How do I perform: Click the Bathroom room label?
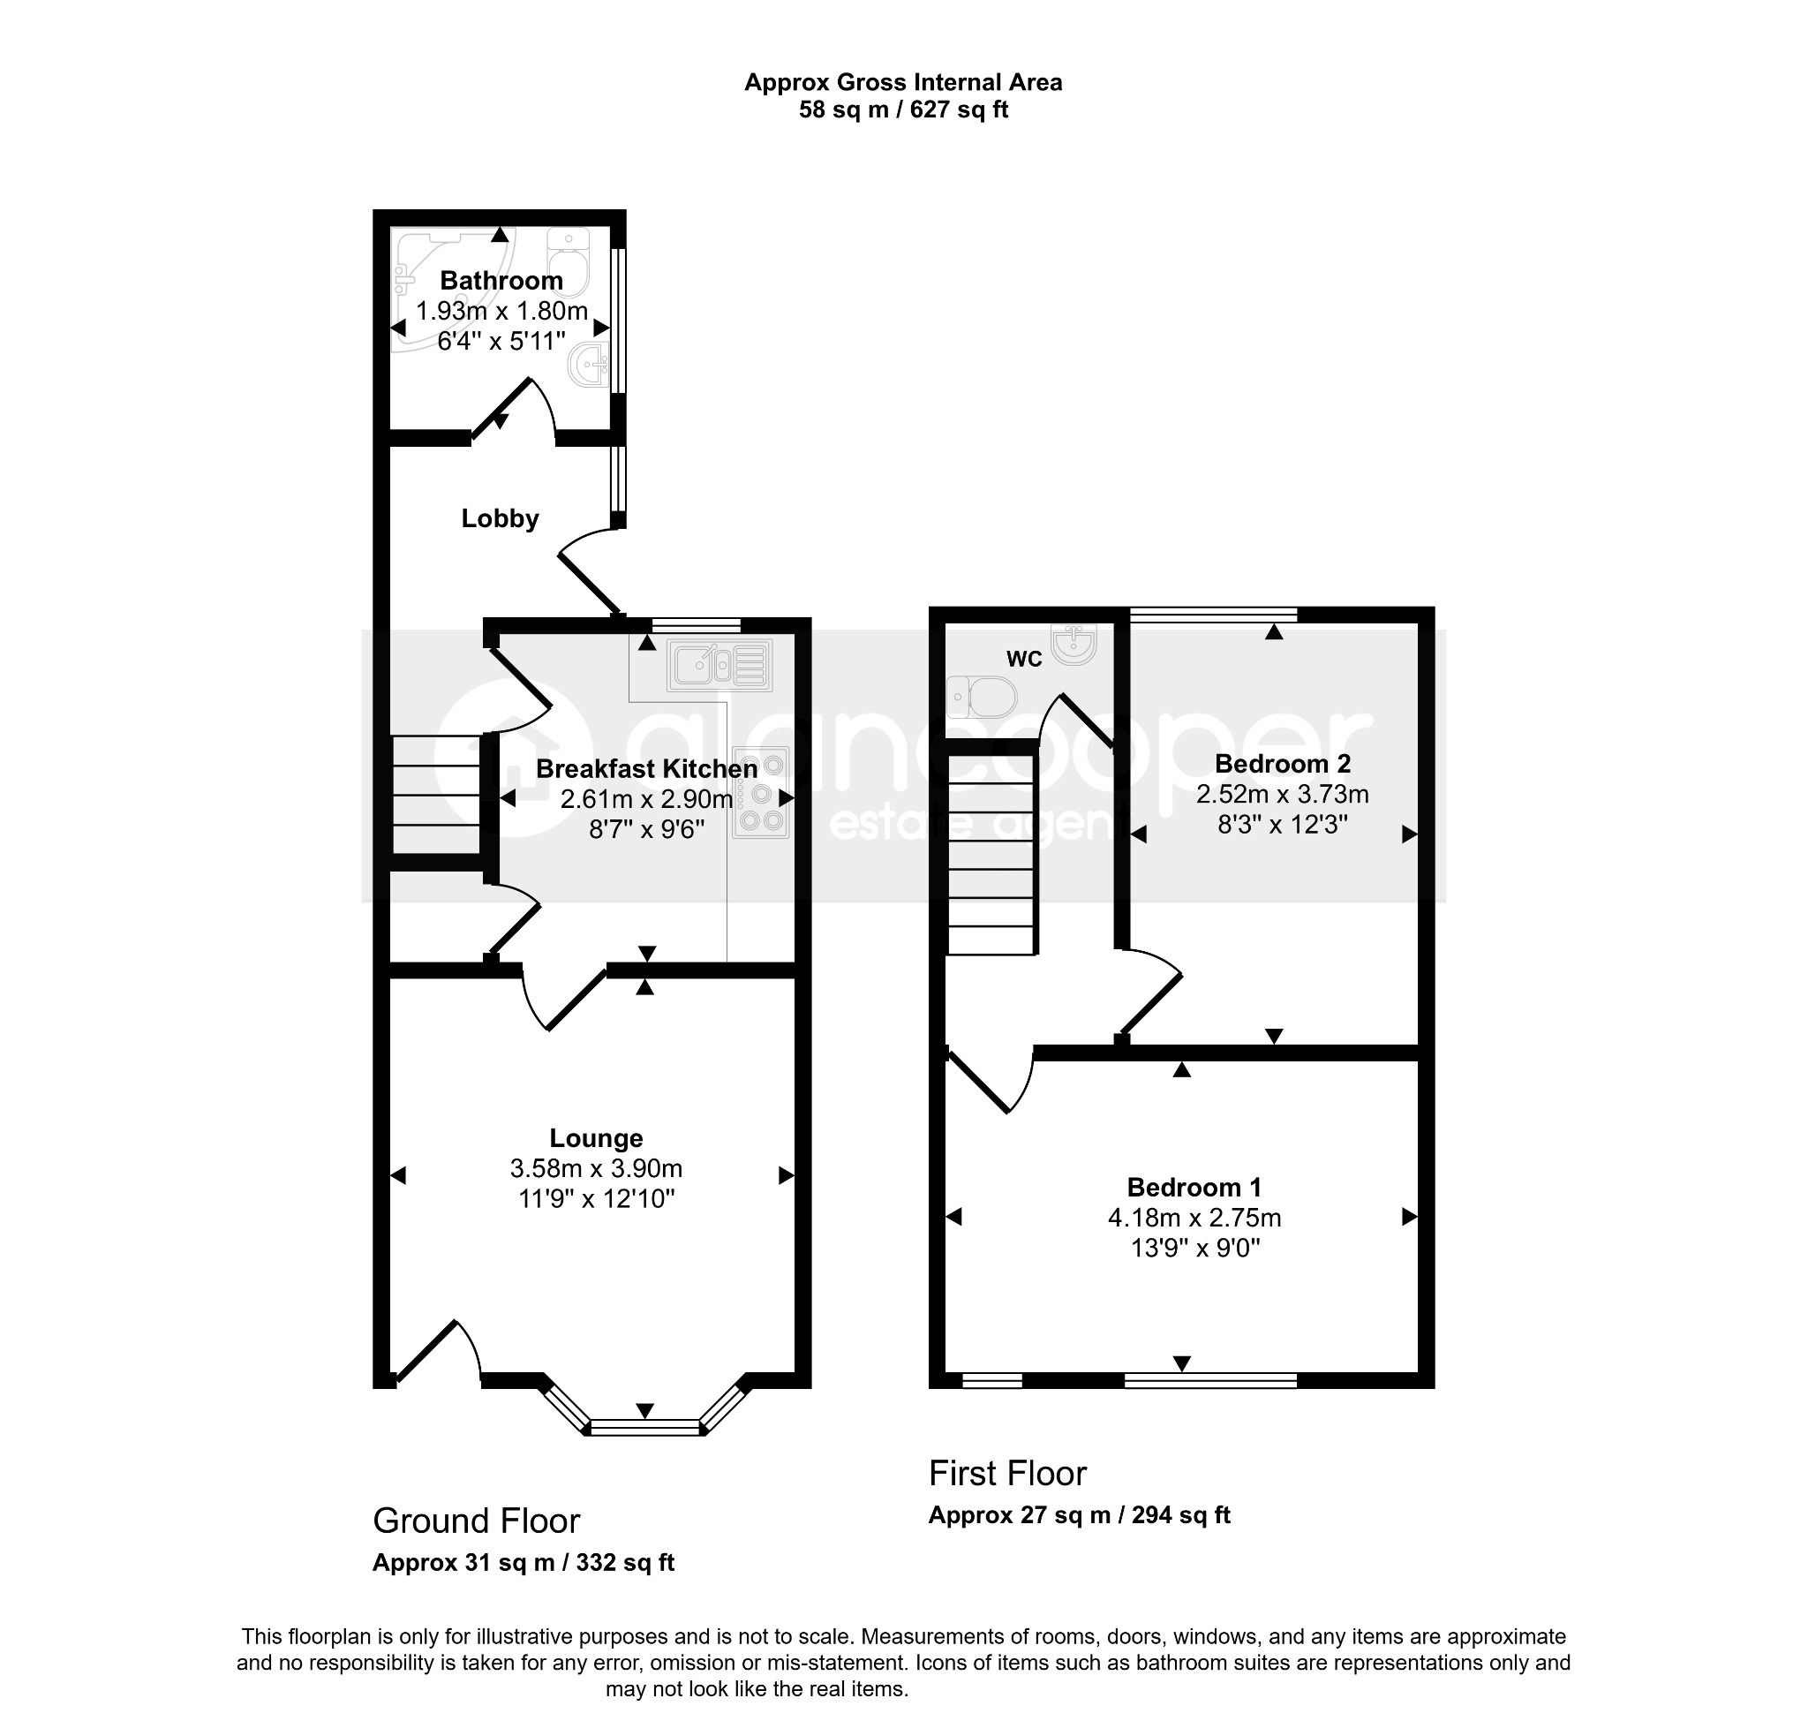point(501,281)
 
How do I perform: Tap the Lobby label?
point(500,518)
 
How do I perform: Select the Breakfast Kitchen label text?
point(646,768)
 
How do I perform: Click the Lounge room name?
point(596,1138)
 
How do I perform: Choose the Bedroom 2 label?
point(1282,764)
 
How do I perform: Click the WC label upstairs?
point(1024,659)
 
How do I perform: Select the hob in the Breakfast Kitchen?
point(762,791)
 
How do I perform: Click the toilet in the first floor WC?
point(982,698)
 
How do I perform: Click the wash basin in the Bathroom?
point(590,365)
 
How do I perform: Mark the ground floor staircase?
point(436,795)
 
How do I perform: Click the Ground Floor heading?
point(476,1521)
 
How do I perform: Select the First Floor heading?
point(1007,1474)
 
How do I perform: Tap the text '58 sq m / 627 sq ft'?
point(903,109)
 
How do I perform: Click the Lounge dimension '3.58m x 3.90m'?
point(596,1169)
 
